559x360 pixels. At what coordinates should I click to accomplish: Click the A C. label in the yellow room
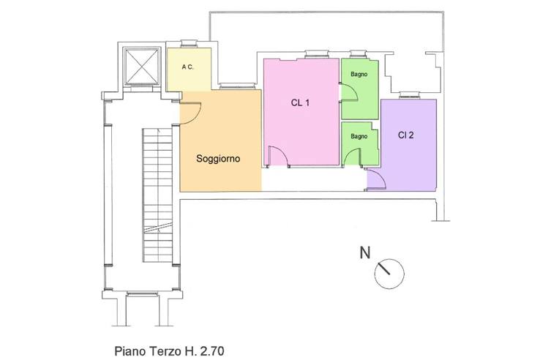click(x=187, y=67)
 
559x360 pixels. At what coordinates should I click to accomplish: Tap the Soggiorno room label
click(x=219, y=158)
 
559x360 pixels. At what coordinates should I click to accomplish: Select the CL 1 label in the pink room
click(x=300, y=103)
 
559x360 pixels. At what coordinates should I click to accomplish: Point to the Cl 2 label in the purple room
click(x=407, y=135)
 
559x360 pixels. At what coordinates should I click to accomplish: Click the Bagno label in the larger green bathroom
click(x=359, y=75)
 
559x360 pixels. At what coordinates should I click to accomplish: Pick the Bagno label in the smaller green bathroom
click(x=359, y=136)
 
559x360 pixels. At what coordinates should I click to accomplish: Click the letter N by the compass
click(x=364, y=254)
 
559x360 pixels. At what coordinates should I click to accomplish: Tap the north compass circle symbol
click(x=389, y=273)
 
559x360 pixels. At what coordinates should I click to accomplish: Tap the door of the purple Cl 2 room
click(x=375, y=180)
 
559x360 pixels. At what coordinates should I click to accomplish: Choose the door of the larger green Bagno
click(x=349, y=91)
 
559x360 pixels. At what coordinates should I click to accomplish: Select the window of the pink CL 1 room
click(x=316, y=53)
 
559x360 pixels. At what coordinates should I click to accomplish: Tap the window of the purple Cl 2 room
click(x=409, y=94)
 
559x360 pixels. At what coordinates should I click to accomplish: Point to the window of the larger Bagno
click(x=359, y=54)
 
